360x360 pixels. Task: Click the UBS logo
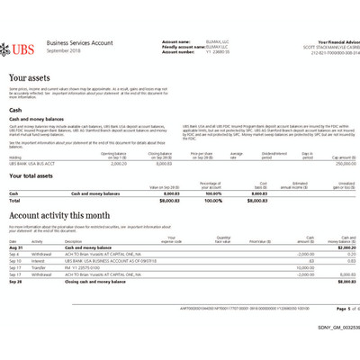(x=24, y=45)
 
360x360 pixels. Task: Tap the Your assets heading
(x=31, y=79)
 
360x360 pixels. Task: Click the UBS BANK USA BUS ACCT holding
(x=29, y=164)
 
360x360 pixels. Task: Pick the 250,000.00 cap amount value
(x=334, y=164)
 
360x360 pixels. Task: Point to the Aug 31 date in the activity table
(x=15, y=247)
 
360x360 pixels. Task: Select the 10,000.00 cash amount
(x=305, y=267)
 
